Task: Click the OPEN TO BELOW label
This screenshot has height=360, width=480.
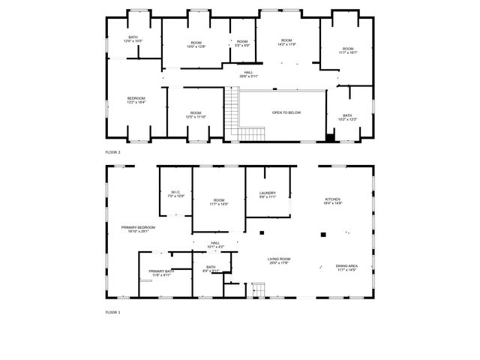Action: (286, 112)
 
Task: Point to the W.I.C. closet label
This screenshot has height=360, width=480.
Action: (176, 193)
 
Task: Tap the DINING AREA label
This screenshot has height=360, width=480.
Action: (346, 266)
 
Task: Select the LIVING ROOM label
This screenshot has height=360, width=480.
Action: (279, 260)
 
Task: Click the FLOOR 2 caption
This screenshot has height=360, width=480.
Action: (112, 151)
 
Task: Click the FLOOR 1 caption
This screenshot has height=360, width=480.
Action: (112, 312)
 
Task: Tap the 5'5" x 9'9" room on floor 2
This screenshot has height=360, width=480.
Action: (241, 43)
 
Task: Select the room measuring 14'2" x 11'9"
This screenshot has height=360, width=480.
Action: (286, 42)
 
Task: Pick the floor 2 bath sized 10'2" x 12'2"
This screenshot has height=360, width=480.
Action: (347, 117)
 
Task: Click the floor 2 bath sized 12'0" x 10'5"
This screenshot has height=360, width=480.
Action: (133, 38)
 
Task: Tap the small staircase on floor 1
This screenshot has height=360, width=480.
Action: (258, 290)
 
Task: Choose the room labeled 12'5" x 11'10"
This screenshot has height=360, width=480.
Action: (195, 115)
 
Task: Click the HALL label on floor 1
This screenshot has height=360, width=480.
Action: (215, 244)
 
